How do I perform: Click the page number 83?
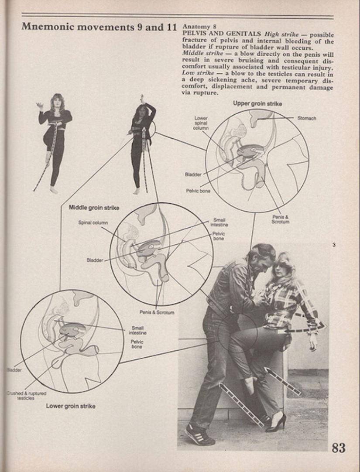tap(338, 448)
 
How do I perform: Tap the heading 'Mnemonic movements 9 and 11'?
tap(99, 27)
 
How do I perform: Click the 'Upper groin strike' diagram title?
tap(257, 104)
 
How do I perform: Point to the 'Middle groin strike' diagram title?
tap(94, 208)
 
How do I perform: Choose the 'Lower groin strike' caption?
tap(71, 406)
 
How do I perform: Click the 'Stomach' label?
tap(307, 118)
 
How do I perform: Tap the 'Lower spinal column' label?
tap(201, 123)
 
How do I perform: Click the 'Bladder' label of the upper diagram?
tap(193, 174)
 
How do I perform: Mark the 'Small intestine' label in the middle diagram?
tap(219, 223)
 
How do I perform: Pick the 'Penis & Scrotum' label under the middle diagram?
tap(157, 312)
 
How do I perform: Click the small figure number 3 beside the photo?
tap(334, 245)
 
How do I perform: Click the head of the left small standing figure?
tap(57, 100)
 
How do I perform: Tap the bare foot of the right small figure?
tap(137, 191)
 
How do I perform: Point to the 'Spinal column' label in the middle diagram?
tap(93, 222)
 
